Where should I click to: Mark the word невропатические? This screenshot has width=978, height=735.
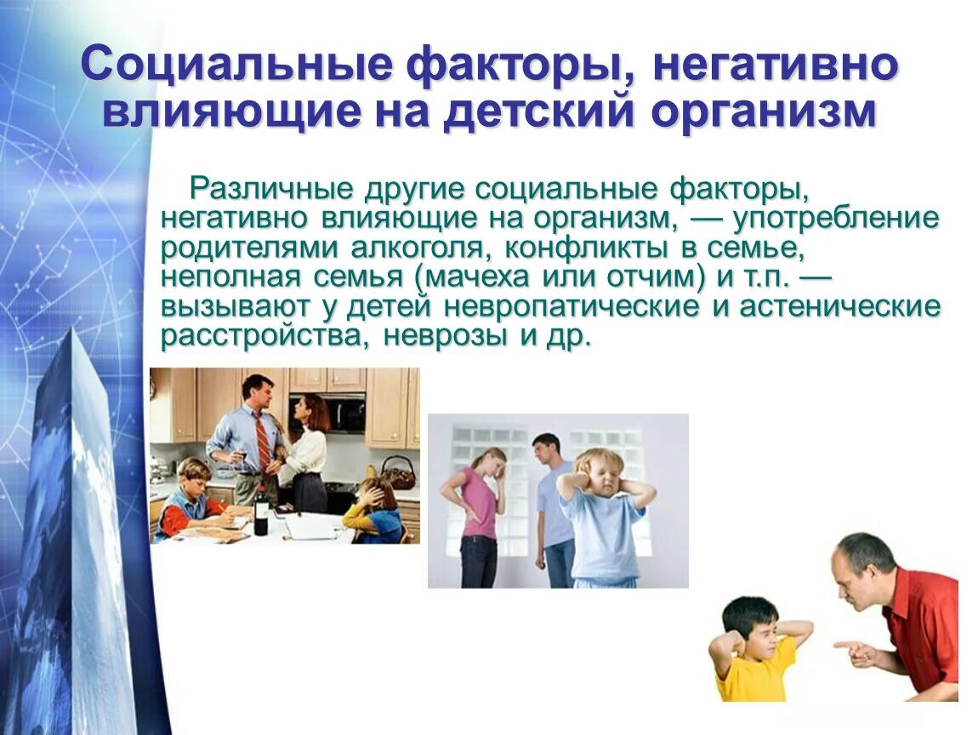pyautogui.click(x=573, y=306)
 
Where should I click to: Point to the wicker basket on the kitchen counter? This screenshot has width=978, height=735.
pyautogui.click(x=398, y=472)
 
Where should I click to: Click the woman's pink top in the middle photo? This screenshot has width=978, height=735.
pyautogui.click(x=480, y=501)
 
